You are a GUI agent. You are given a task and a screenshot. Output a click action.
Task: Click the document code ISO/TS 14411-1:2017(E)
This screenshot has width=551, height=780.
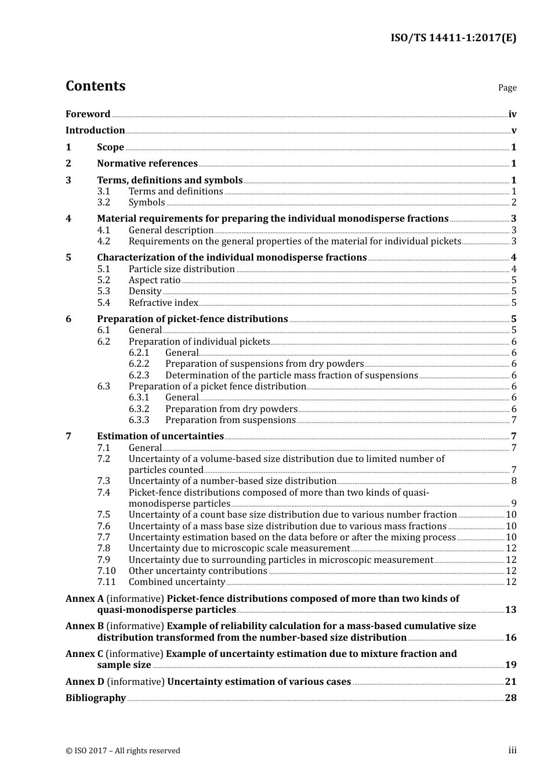tap(453, 38)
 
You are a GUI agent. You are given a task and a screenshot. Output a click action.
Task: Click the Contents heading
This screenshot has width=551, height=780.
tap(95, 86)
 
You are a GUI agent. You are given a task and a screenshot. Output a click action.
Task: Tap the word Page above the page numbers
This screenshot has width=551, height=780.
tap(507, 88)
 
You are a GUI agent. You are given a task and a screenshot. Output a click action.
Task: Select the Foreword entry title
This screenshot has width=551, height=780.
tap(88, 114)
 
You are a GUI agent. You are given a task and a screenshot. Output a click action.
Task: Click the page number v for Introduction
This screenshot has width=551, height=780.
tap(513, 131)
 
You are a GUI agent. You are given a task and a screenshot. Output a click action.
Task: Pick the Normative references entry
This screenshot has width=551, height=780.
tap(147, 164)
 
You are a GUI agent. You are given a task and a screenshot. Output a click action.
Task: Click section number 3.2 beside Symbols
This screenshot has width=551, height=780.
tap(104, 203)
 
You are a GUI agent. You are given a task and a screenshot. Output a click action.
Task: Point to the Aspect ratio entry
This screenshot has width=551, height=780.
tap(154, 280)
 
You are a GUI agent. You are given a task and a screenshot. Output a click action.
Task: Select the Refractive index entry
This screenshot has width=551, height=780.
tap(163, 303)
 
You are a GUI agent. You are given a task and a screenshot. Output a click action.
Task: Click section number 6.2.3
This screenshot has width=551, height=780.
tap(139, 375)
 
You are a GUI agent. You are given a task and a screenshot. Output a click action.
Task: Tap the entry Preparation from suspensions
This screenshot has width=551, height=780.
tap(230, 420)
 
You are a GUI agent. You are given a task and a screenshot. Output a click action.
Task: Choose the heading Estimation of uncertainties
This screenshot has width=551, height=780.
tap(160, 436)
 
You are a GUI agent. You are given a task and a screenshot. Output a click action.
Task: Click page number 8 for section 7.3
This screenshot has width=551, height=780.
tap(513, 481)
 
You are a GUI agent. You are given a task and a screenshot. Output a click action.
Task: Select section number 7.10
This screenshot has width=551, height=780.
tap(106, 571)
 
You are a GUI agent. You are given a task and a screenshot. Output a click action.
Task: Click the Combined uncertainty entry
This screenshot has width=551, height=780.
tap(177, 582)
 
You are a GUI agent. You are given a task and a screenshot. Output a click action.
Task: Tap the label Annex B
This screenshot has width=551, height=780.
tap(85, 626)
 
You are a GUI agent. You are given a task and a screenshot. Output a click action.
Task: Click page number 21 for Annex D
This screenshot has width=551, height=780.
tap(510, 682)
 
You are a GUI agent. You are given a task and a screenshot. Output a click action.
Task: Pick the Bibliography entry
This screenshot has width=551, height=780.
tap(96, 698)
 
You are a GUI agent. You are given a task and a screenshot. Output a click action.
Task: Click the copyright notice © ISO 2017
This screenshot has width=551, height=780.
tap(123, 751)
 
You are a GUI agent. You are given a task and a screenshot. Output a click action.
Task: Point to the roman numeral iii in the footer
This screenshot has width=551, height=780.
tap(512, 750)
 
